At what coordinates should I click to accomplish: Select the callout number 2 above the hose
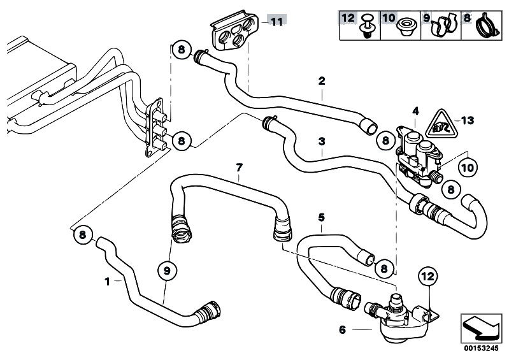[x=322, y=81]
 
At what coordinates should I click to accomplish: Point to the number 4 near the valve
[x=415, y=111]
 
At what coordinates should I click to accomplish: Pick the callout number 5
[x=322, y=217]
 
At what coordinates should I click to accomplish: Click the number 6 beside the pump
[x=343, y=329]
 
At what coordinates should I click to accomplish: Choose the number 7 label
[x=239, y=168]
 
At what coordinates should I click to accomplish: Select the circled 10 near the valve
[x=467, y=168]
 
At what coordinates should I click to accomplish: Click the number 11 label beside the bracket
[x=275, y=22]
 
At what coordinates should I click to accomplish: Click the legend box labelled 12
[x=359, y=24]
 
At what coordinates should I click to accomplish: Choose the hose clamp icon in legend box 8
[x=487, y=26]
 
